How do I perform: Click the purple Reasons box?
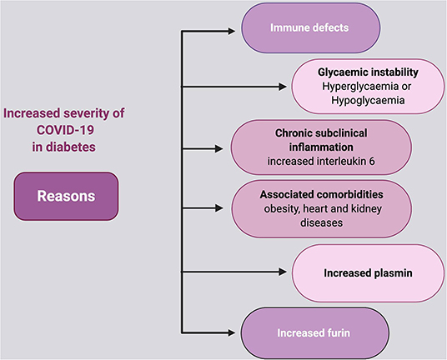pos(66,196)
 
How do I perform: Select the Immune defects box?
pos(311,27)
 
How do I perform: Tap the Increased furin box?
pos(314,333)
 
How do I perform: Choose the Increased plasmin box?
pos(368,272)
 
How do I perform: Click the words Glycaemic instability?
pos(368,72)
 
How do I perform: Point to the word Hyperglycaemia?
pos(360,87)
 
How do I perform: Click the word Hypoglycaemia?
pos(368,100)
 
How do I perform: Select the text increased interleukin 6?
pos(321,161)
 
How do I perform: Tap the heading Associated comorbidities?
pos(322,194)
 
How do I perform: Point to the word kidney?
pos(366,209)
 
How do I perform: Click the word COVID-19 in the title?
pos(65,130)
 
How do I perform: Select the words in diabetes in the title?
pos(64,147)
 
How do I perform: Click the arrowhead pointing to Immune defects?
pos(232,31)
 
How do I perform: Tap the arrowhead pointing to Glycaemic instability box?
pos(283,87)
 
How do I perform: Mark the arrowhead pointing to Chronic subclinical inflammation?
pos(219,148)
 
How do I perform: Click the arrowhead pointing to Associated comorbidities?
pos(219,208)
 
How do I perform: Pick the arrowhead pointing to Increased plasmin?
pos(283,272)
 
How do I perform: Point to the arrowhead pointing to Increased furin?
pos(232,332)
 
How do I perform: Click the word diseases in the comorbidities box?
pos(321,222)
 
